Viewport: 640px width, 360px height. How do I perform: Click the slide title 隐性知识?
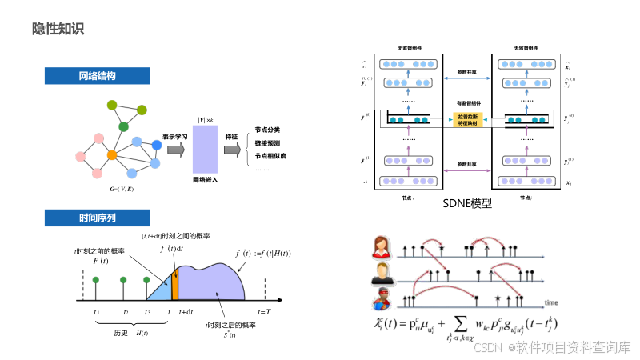coord(58,30)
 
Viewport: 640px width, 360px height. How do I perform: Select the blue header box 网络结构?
coord(97,76)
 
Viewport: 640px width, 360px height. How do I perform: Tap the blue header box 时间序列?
coord(97,218)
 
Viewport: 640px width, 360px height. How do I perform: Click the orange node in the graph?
coord(112,154)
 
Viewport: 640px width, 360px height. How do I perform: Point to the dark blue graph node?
coord(157,144)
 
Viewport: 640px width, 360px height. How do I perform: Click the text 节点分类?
coord(270,130)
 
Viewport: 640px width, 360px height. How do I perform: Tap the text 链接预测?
coord(270,143)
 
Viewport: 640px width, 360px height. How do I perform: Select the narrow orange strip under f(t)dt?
coord(174,285)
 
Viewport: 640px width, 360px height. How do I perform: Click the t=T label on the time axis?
coord(264,312)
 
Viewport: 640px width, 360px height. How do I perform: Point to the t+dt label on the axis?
coord(186,312)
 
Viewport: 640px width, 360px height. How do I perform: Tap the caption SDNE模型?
coord(466,203)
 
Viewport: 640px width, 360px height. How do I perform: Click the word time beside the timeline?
coord(551,302)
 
